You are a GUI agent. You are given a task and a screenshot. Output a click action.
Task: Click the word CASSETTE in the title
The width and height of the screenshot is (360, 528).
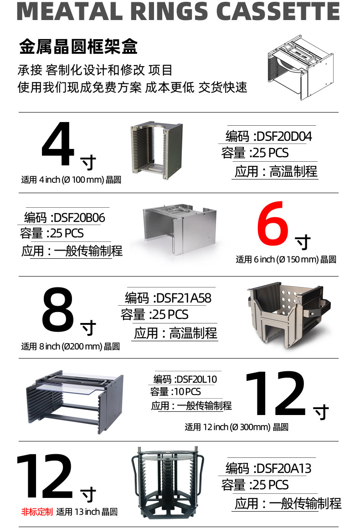click(x=278, y=11)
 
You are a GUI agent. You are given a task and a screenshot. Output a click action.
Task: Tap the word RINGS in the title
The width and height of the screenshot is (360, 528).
click(x=169, y=11)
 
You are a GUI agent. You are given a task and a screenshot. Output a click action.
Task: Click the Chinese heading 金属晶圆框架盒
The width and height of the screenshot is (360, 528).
click(x=78, y=46)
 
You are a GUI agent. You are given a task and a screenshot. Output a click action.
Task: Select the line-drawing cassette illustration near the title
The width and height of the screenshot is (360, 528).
click(x=300, y=67)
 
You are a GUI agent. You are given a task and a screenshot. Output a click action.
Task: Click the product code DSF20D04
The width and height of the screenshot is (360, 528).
click(x=284, y=136)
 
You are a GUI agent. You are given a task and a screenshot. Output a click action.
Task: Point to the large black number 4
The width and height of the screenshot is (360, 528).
click(x=57, y=144)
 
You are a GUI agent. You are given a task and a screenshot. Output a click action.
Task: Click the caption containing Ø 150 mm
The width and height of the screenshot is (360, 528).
click(x=286, y=259)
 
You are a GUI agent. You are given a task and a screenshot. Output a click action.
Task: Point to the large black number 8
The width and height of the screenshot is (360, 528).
click(x=58, y=309)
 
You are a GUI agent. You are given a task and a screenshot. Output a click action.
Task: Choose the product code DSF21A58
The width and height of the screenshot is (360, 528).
click(x=184, y=298)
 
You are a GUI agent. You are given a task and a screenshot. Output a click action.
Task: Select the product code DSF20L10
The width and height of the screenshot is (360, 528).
click(x=196, y=379)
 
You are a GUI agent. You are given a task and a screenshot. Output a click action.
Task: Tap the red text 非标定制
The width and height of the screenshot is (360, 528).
click(x=37, y=512)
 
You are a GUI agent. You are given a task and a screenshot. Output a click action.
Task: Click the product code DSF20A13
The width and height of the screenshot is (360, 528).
click(x=284, y=468)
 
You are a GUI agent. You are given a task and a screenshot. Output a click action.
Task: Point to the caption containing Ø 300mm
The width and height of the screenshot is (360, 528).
click(x=237, y=427)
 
